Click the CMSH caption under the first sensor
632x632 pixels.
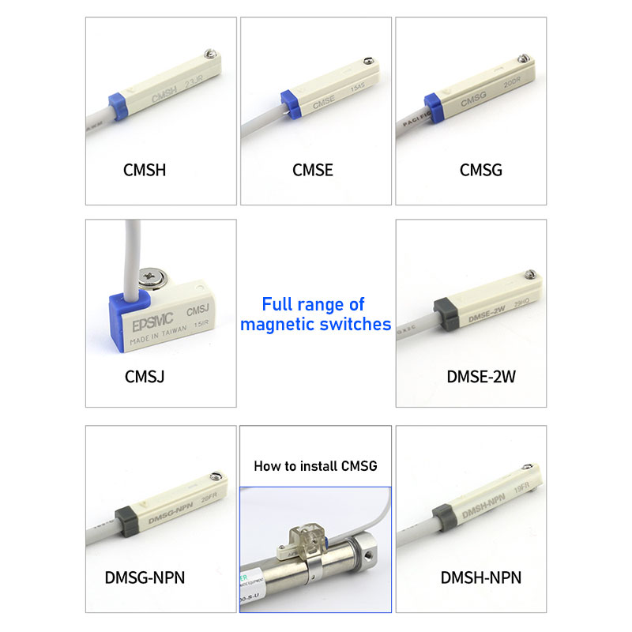coord(145,170)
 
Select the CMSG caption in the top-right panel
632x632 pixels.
coord(480,170)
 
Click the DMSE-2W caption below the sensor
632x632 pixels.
coord(481,376)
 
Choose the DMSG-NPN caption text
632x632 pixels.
coord(145,577)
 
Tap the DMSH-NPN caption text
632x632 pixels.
coord(481,577)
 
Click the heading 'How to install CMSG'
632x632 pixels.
coord(315,466)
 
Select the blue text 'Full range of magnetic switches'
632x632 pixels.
coord(315,314)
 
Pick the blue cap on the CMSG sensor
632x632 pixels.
coord(433,105)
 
